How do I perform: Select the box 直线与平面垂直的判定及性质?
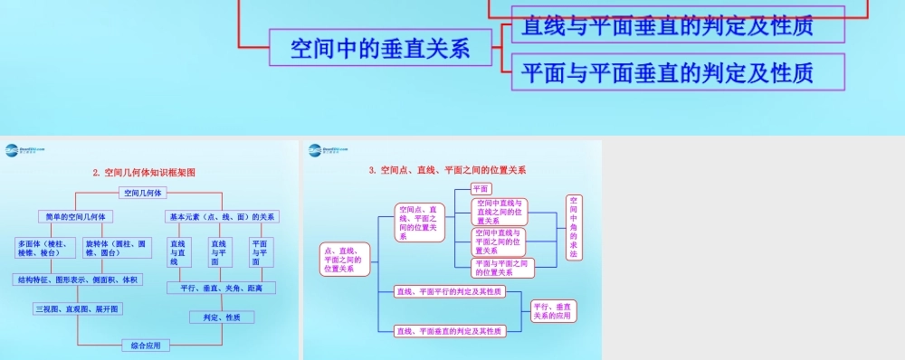pyautogui.click(x=668, y=24)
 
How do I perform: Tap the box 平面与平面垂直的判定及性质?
pyautogui.click(x=668, y=71)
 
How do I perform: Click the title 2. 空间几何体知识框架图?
pyautogui.click(x=144, y=172)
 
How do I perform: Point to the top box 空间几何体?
pyautogui.click(x=143, y=193)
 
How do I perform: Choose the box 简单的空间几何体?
pyautogui.click(x=75, y=217)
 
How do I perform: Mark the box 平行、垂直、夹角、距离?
pyautogui.click(x=222, y=288)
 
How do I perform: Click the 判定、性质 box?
pyautogui.click(x=221, y=317)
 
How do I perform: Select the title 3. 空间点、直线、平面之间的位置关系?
pyautogui.click(x=447, y=169)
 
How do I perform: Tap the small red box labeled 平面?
pyautogui.click(x=481, y=188)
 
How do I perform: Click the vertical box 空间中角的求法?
pyautogui.click(x=574, y=227)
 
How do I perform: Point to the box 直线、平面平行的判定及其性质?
pyautogui.click(x=450, y=292)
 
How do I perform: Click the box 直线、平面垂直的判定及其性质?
pyautogui.click(x=450, y=331)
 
